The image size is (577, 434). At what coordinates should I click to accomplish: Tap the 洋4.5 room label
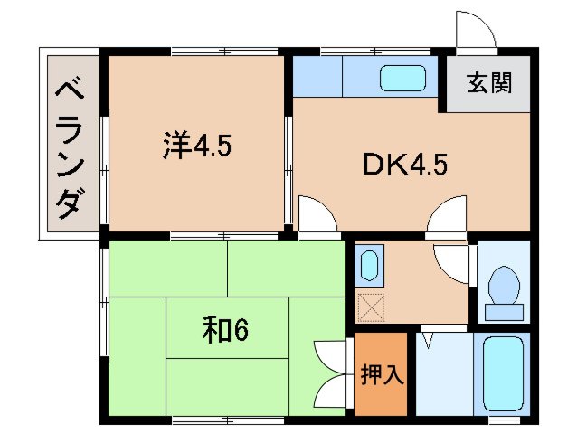point(197,146)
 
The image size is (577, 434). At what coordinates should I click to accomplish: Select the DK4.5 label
point(405,165)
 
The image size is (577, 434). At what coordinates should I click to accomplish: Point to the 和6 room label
point(225,332)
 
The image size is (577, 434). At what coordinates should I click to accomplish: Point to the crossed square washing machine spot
point(370,308)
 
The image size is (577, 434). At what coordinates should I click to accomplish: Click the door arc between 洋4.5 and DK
point(317,213)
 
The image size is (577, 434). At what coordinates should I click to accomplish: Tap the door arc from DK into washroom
point(446,217)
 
